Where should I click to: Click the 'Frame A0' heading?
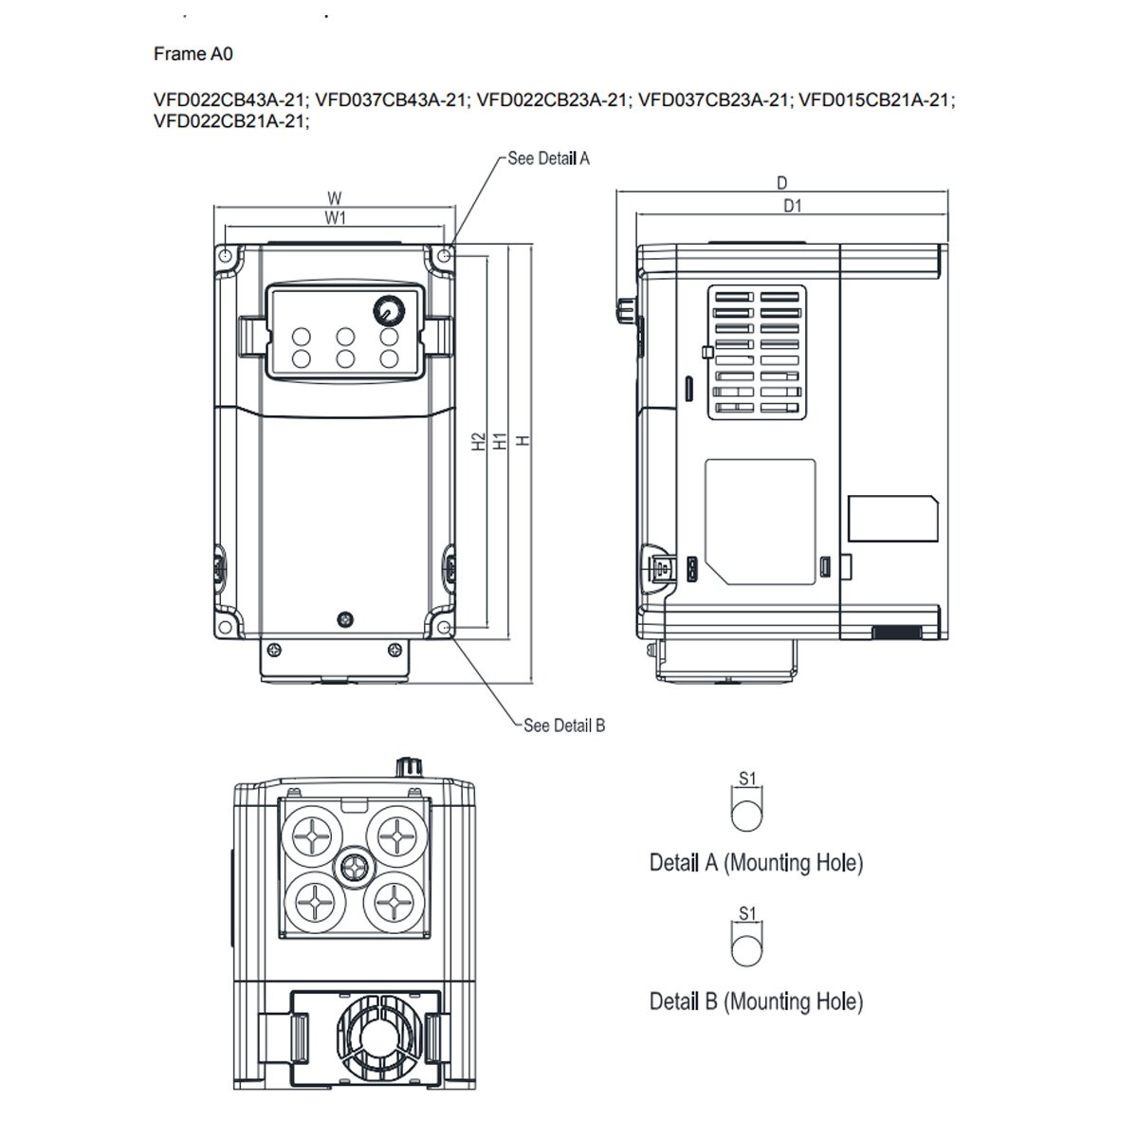(193, 54)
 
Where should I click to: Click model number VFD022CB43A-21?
(230, 100)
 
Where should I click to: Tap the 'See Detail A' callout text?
(548, 158)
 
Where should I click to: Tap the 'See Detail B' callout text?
(564, 725)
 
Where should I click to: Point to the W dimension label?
(334, 199)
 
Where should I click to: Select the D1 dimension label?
(792, 206)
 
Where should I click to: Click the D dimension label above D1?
(782, 183)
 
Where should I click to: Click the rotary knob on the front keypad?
(388, 309)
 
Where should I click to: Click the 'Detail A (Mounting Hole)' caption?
(756, 863)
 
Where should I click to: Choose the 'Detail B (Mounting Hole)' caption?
(756, 1001)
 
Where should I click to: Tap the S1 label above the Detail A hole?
(747, 779)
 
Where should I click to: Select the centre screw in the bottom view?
(356, 865)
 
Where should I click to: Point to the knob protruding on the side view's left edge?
(626, 308)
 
